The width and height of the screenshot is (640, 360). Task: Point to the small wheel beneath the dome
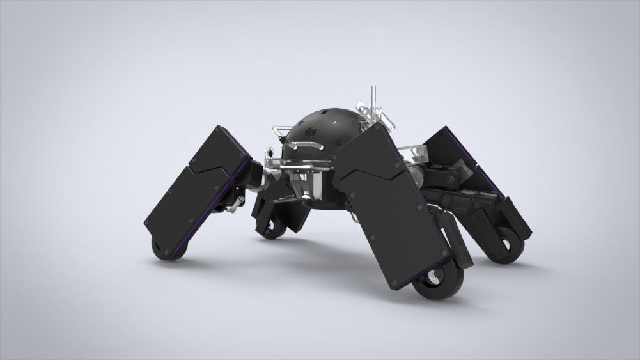(273, 228)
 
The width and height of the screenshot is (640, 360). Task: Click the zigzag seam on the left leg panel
(211, 171)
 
